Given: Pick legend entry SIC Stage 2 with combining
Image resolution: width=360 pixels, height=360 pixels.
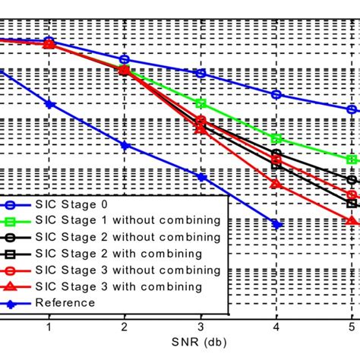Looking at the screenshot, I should [114, 253].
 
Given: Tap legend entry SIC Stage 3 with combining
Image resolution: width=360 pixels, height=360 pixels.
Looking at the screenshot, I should [114, 286].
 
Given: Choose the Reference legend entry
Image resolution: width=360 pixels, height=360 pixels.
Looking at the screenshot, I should [65, 303].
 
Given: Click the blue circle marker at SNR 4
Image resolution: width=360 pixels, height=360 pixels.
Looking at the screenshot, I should [276, 95].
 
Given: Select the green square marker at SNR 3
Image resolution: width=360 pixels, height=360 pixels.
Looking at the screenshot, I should [201, 103].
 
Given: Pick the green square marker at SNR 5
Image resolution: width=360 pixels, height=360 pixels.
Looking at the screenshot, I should [352, 160].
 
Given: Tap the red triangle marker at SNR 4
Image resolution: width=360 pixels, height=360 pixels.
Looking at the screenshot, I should [276, 185].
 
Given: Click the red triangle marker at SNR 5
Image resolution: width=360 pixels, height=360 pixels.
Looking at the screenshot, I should [352, 220].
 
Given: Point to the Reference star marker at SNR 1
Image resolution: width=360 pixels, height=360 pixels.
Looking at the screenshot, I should [49, 103].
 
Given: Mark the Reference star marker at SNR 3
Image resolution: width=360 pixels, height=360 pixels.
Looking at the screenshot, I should [201, 177].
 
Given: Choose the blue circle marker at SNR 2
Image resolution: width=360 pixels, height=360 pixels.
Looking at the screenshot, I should [125, 59].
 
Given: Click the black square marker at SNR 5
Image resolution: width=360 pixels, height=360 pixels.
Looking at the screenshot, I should [352, 204].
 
